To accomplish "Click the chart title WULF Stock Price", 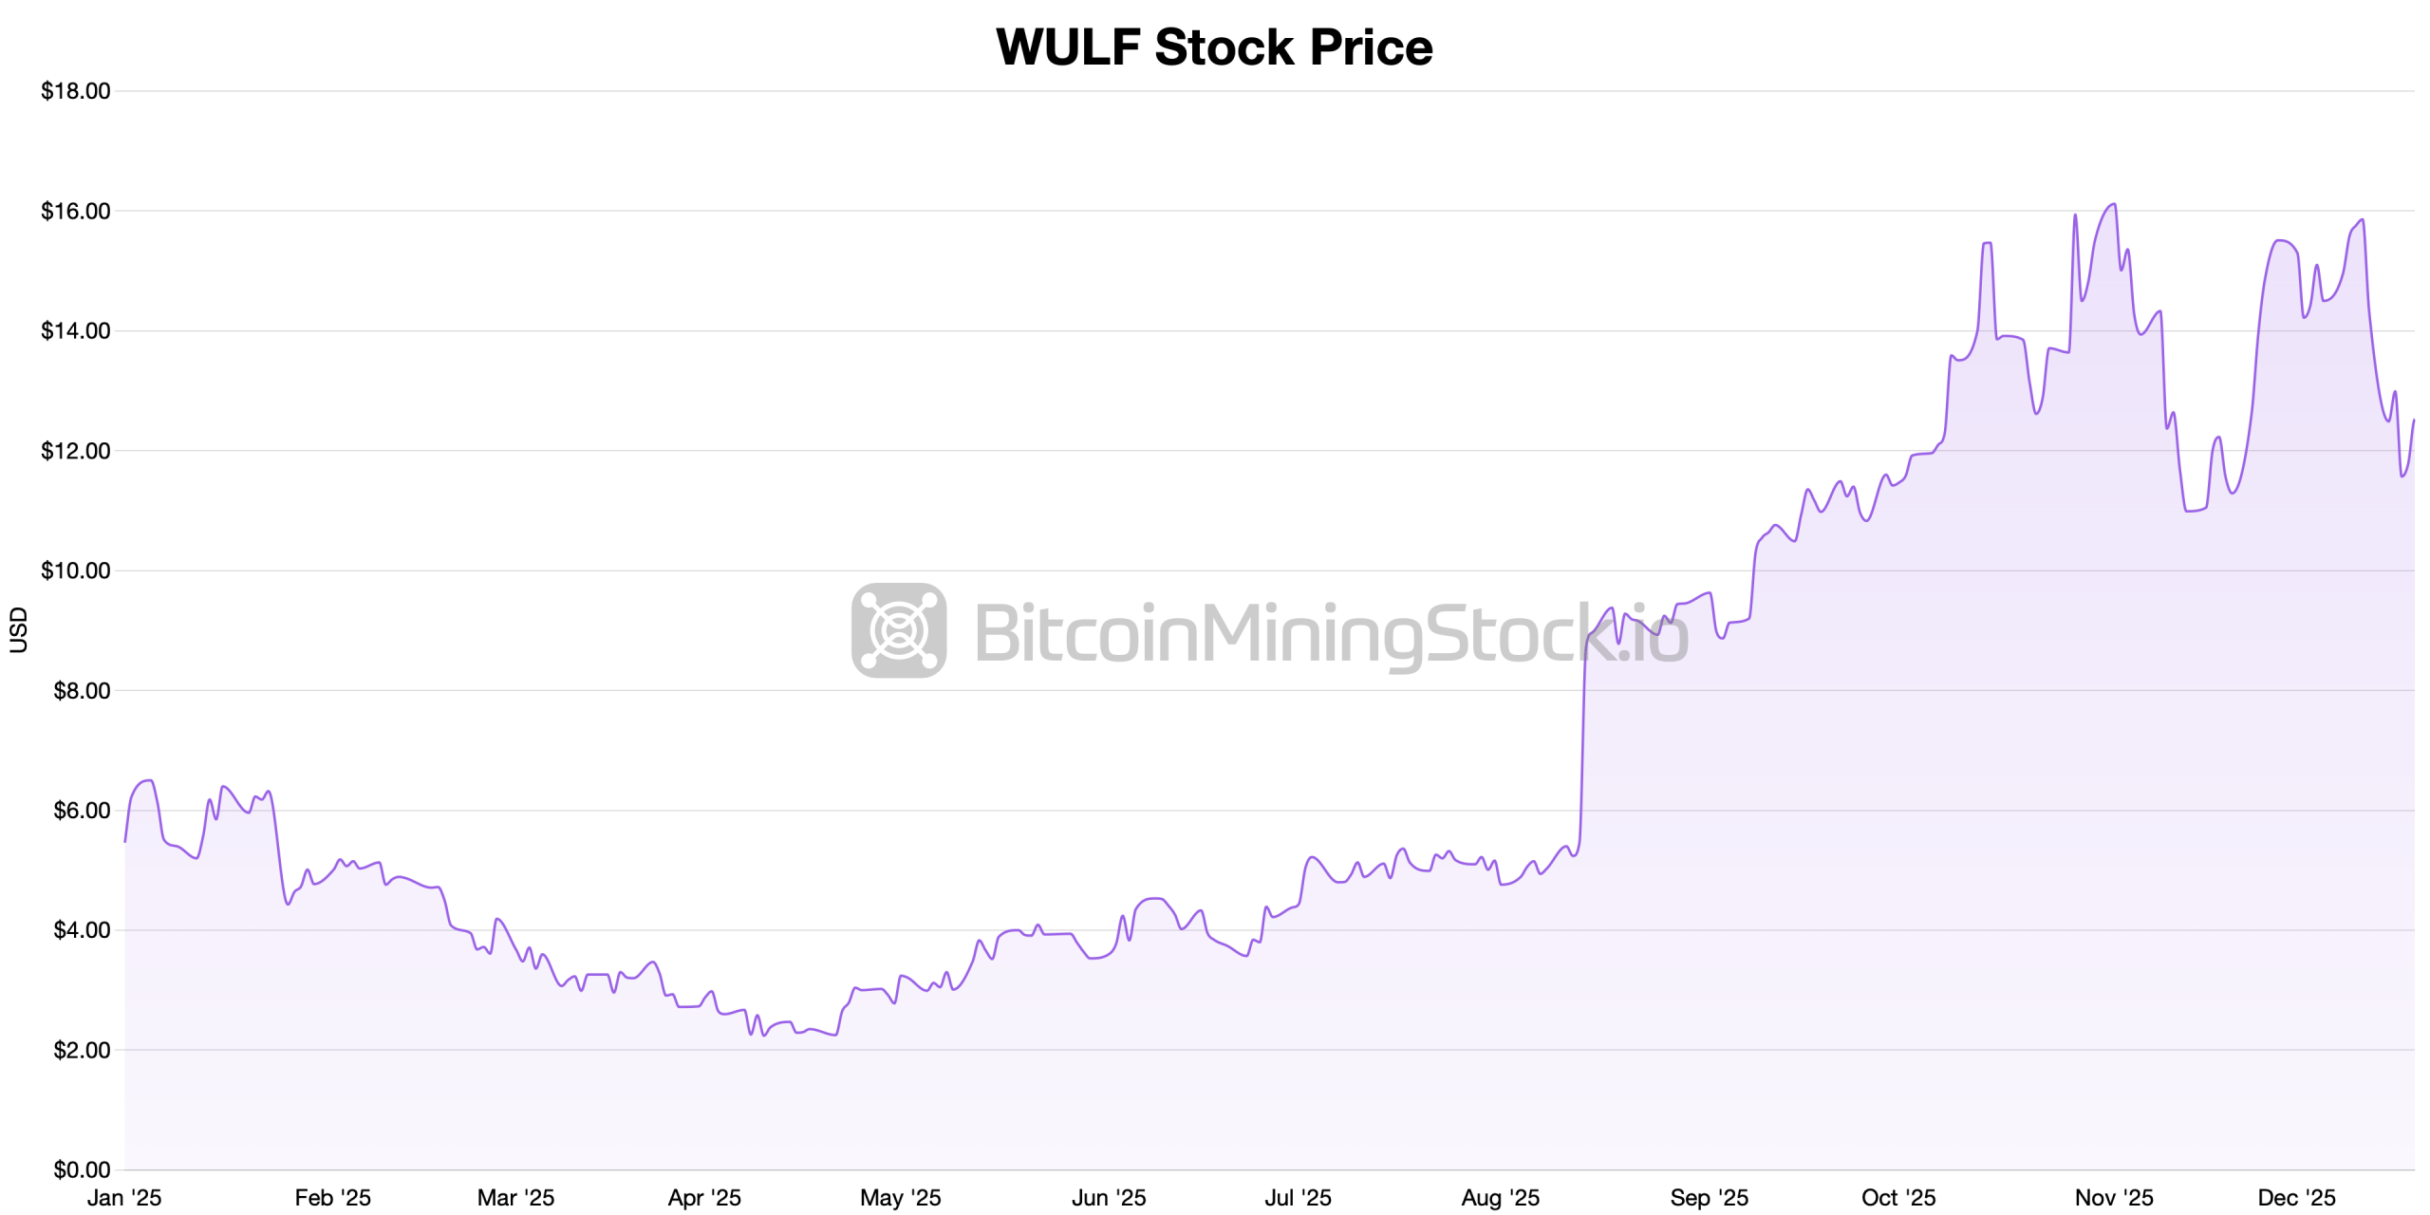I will (1214, 47).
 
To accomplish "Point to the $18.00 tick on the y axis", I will (75, 91).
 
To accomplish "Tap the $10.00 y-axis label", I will (75, 570).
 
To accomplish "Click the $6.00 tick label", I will (80, 811).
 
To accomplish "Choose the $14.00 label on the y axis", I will (75, 331).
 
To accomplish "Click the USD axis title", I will (18, 630).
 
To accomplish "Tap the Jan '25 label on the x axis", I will (124, 1198).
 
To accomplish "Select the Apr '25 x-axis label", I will (704, 1198).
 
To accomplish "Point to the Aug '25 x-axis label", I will (1500, 1198).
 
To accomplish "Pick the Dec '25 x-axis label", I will (2296, 1198).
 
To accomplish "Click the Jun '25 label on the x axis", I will (1109, 1198).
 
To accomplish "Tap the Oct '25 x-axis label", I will (1898, 1198).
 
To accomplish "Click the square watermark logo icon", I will (898, 630).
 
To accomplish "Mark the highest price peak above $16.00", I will (2114, 204).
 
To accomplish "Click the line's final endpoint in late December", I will (2414, 421).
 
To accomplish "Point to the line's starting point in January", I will (125, 841).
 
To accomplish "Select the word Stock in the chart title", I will (1224, 47).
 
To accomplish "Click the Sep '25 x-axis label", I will (1709, 1198).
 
